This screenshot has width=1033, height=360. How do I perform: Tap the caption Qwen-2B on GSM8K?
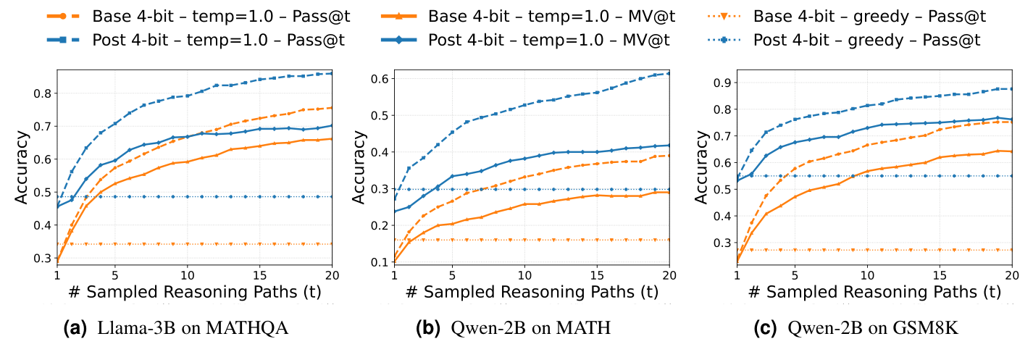(x=874, y=329)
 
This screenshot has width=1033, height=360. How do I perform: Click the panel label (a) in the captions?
(x=76, y=329)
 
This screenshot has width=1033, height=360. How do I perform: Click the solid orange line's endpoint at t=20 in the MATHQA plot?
(x=332, y=139)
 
